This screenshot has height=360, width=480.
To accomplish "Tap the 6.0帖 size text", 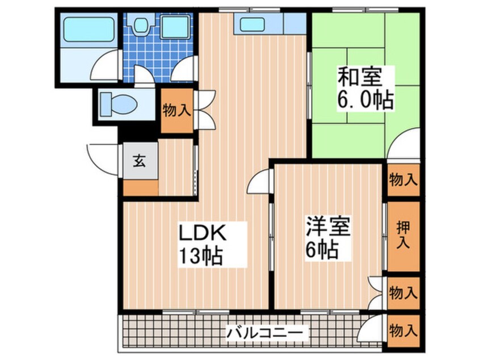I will coord(365,101).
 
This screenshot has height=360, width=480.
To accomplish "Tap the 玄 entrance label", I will coord(139,161).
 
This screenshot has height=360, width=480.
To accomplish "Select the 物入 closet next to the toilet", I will coord(176,110).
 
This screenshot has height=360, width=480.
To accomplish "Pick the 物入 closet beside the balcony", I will coord(403,329).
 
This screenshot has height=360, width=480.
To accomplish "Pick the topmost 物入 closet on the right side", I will coord(403,181).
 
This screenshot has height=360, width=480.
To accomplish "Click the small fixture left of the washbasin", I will coord(140,25).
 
